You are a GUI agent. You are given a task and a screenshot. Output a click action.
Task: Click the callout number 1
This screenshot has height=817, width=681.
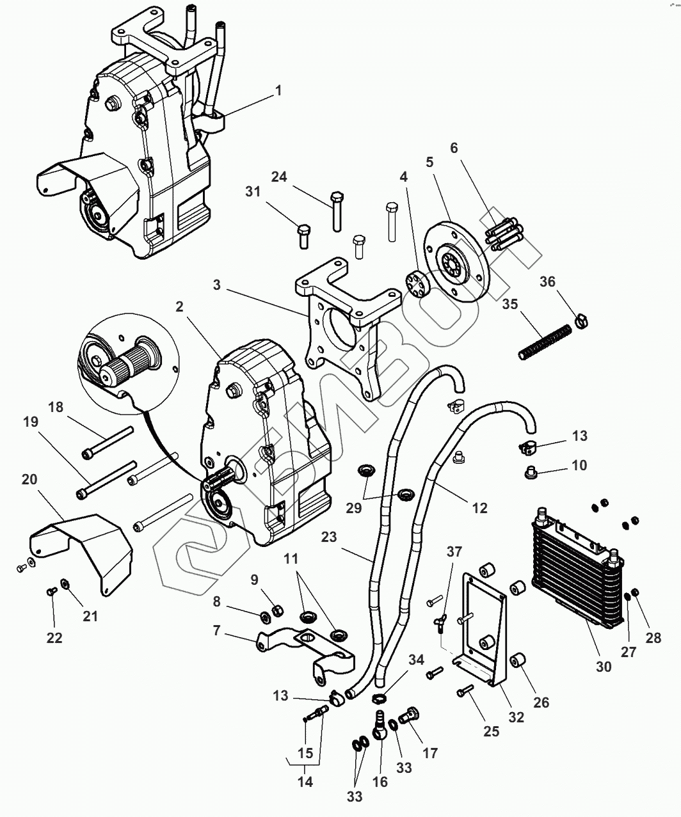(x=278, y=91)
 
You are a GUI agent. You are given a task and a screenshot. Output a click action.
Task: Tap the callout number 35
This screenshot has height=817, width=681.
(x=510, y=304)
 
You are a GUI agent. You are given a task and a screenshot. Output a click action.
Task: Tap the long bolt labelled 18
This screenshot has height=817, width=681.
(x=109, y=441)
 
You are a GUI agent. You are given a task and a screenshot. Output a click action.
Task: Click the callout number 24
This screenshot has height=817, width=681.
(x=278, y=177)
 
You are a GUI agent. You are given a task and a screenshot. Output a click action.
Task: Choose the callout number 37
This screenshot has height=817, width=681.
(x=454, y=552)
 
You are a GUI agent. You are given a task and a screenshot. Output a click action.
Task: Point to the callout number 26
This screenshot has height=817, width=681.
(x=541, y=702)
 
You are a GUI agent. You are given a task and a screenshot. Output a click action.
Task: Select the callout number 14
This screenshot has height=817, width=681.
(x=305, y=781)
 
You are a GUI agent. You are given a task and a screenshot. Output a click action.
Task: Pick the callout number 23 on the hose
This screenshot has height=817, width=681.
(x=329, y=538)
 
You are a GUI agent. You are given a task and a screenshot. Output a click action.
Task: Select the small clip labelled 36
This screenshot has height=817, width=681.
(x=582, y=317)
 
